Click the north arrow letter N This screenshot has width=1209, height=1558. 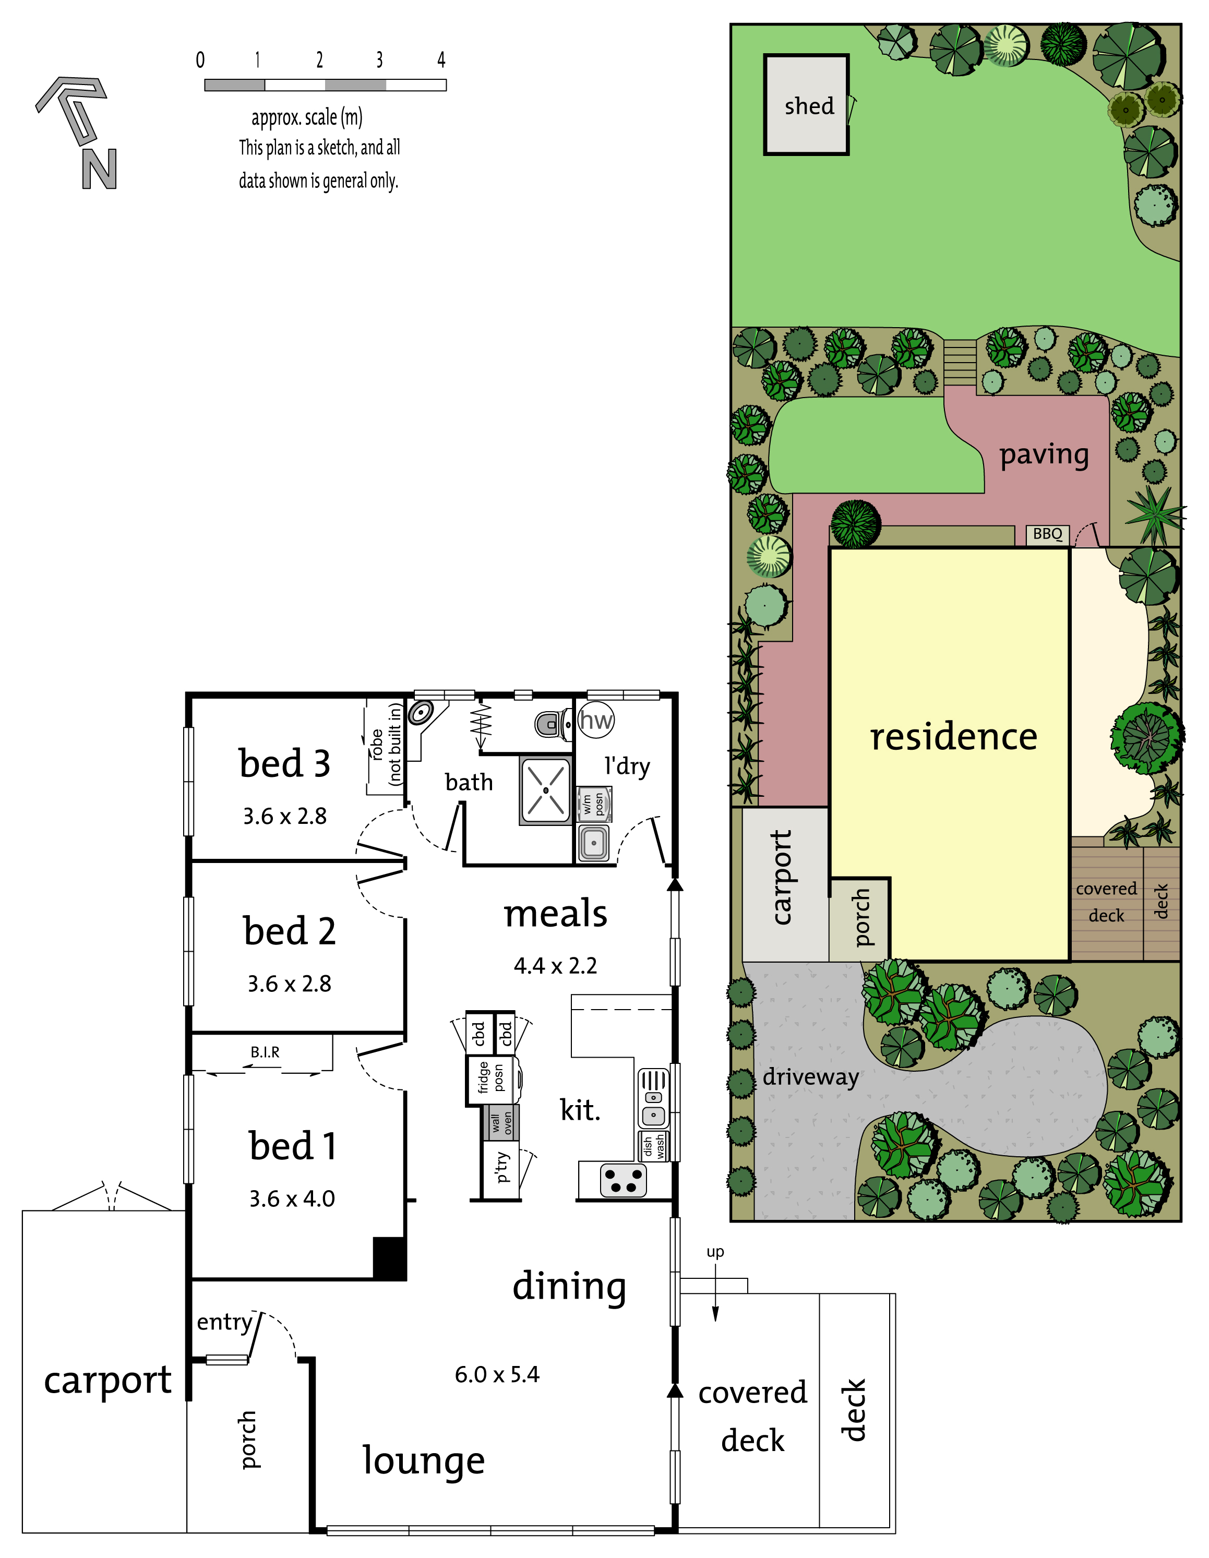click(x=99, y=169)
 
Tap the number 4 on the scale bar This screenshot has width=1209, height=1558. click(x=441, y=60)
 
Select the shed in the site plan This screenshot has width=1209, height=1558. click(x=806, y=105)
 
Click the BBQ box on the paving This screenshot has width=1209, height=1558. click(x=1047, y=534)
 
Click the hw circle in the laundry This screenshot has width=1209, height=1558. click(x=595, y=720)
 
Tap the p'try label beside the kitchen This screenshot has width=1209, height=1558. click(x=503, y=1167)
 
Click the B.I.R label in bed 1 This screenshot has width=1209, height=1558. click(x=265, y=1052)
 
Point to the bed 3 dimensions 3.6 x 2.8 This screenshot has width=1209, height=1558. click(x=284, y=816)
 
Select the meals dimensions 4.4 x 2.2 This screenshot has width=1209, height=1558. click(x=555, y=966)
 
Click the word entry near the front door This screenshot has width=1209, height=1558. click(x=225, y=1322)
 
